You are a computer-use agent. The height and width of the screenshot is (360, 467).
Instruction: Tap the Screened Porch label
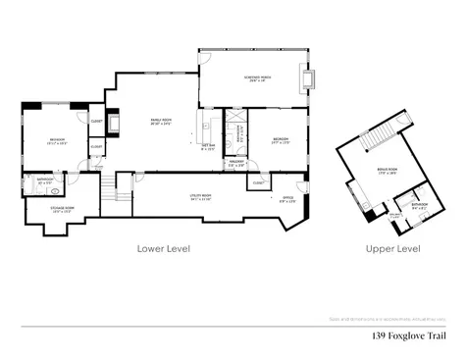(258, 79)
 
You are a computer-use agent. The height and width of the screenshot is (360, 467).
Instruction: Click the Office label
(288, 199)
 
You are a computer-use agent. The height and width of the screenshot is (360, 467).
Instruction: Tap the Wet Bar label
(208, 147)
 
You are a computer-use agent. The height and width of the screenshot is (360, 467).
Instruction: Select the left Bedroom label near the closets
(56, 141)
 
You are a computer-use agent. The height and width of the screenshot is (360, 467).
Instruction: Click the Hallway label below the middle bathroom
(236, 163)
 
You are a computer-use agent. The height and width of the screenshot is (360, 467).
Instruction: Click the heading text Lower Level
(163, 249)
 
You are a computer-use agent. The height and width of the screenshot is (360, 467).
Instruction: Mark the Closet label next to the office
(258, 182)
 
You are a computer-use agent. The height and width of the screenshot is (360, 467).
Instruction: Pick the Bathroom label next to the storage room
(45, 180)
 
